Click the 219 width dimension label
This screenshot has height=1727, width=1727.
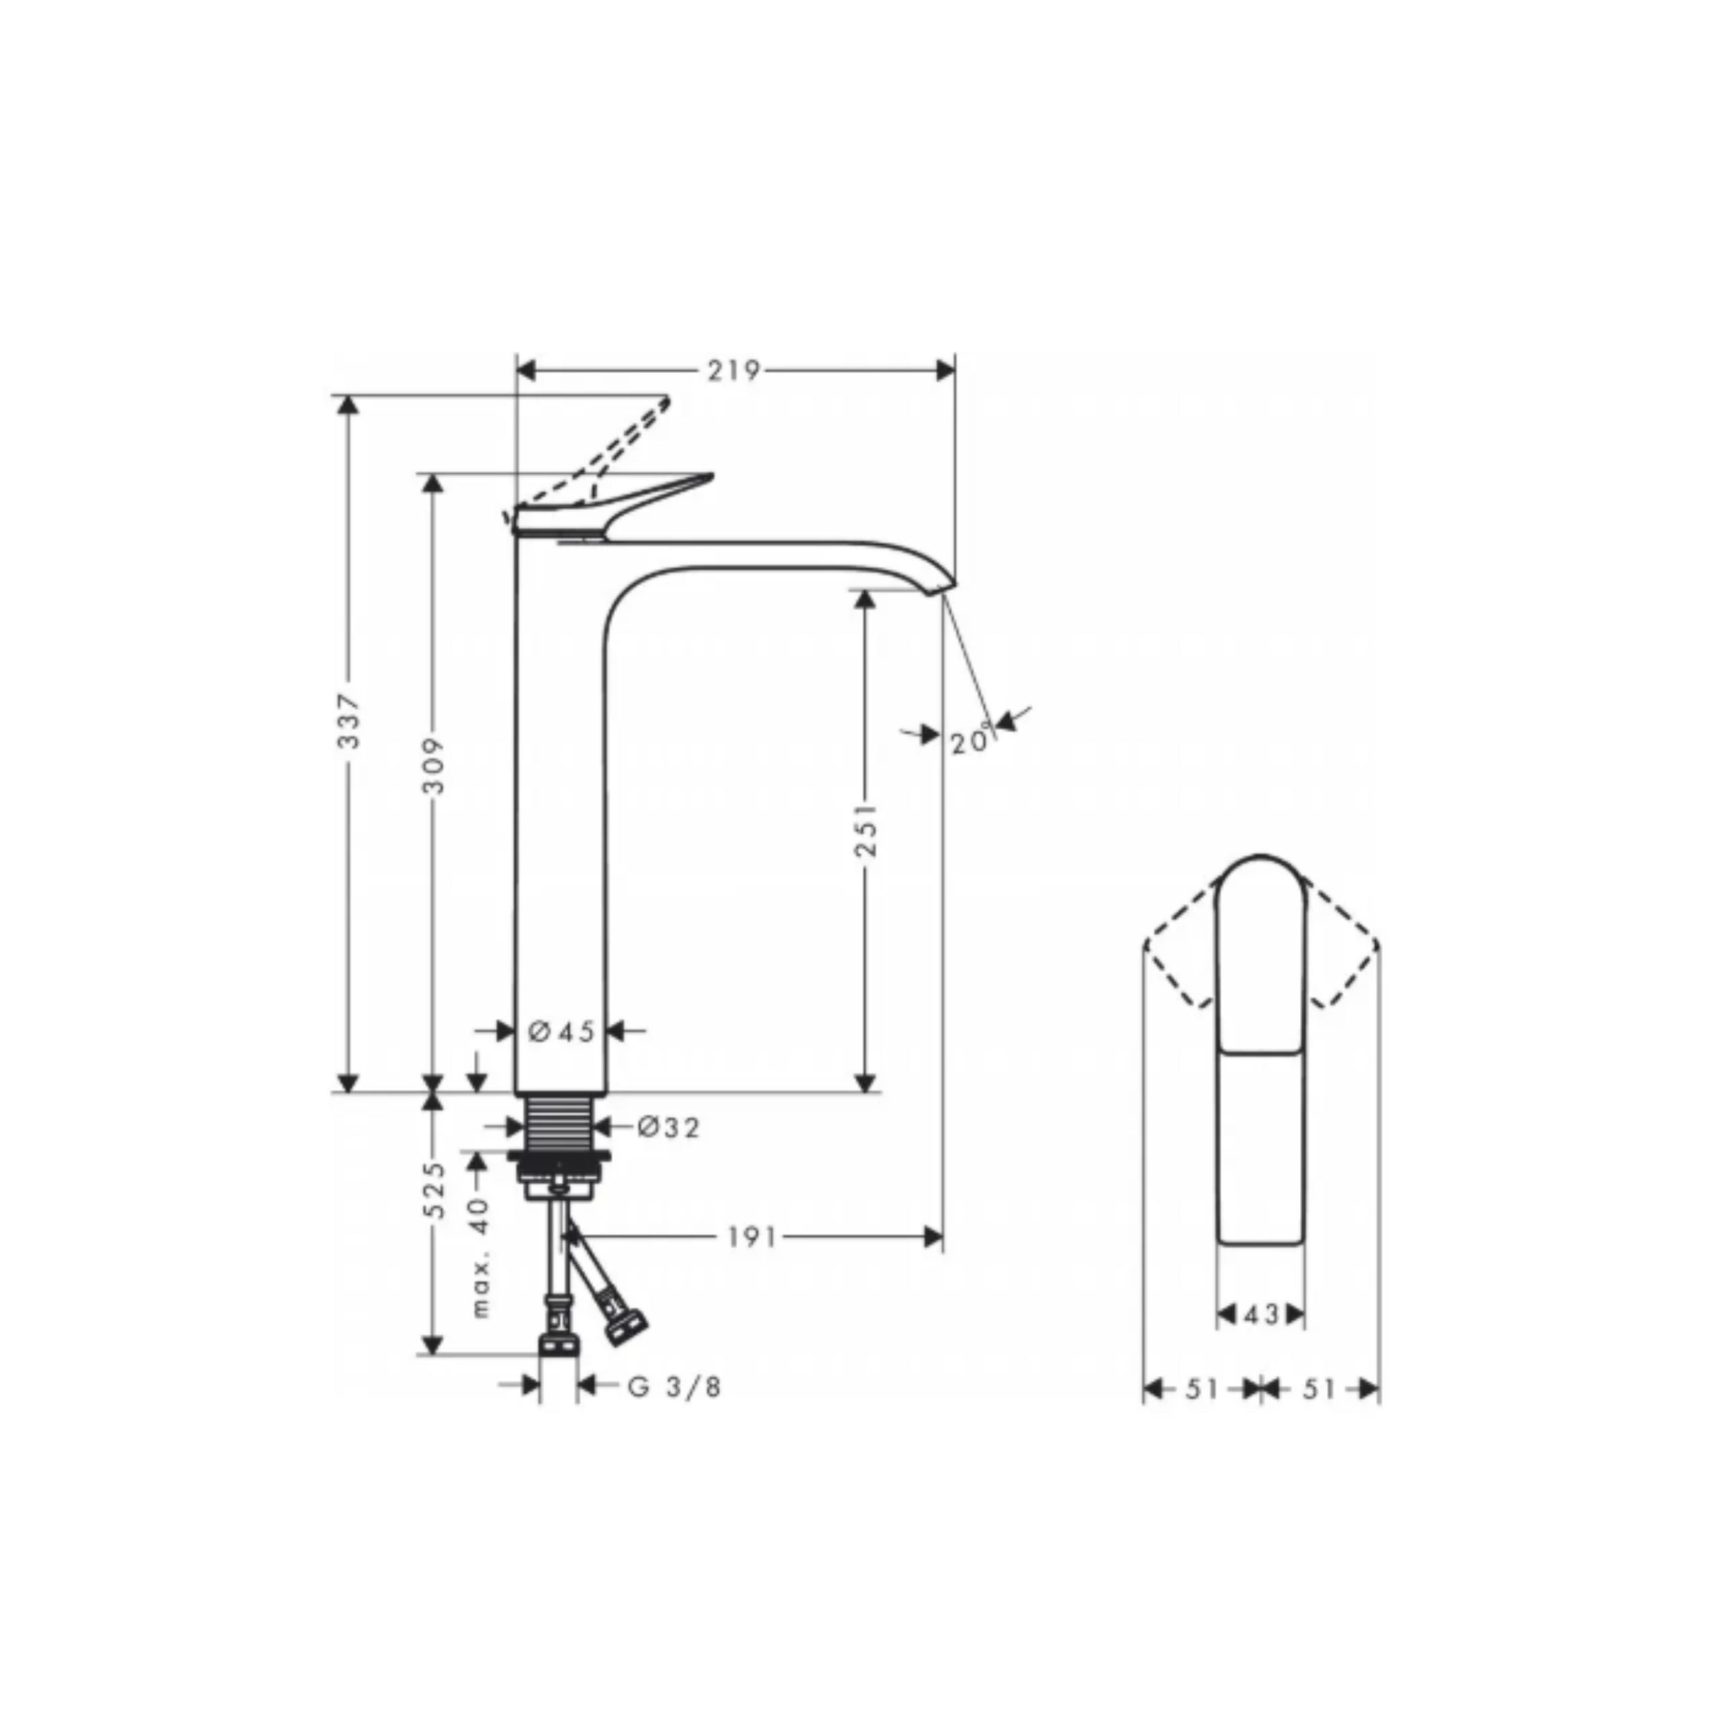733,370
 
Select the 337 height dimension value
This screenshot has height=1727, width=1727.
349,721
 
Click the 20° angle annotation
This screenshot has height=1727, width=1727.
971,740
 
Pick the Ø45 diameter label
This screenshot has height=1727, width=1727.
561,1031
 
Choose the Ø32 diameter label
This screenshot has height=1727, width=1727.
669,1127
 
